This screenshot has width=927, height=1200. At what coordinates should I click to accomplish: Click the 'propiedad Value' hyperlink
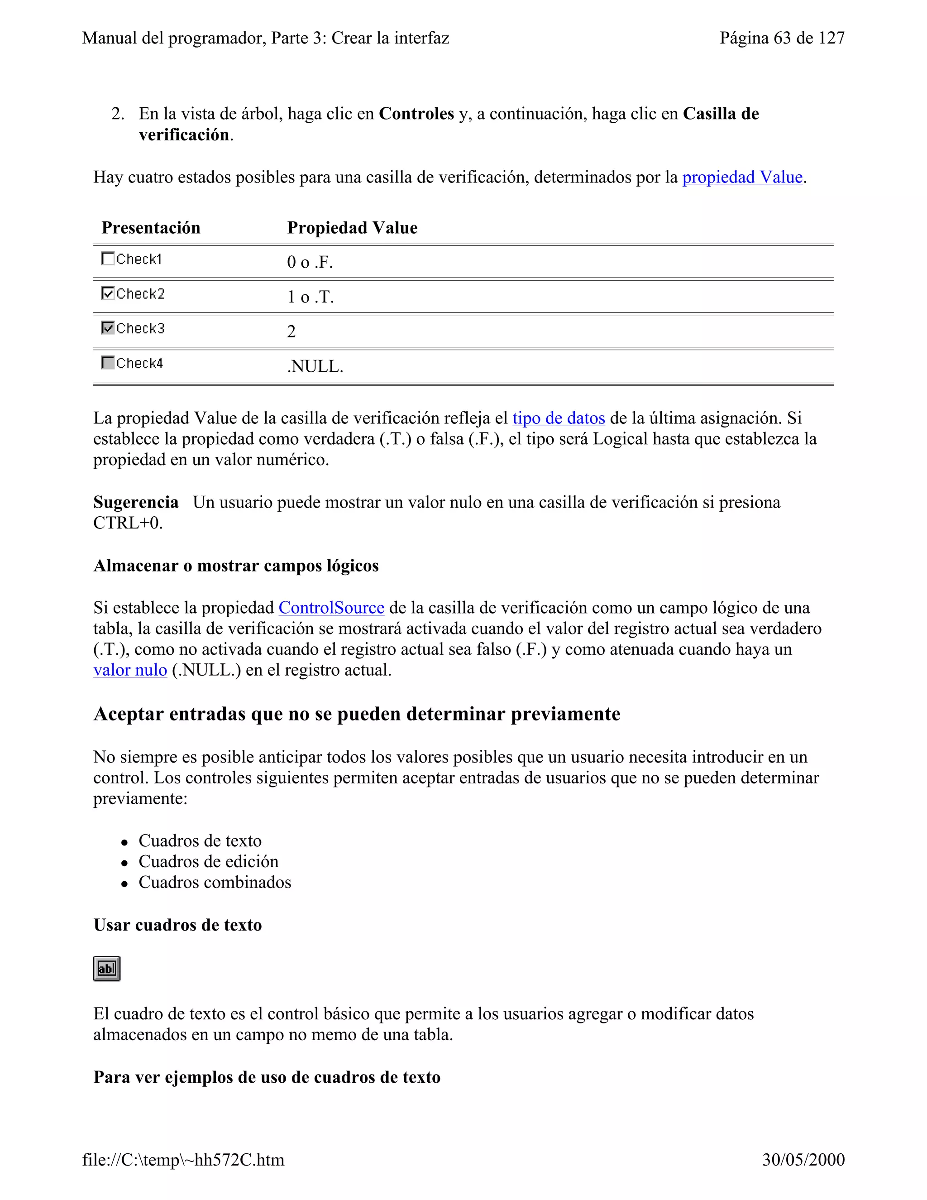coord(742,177)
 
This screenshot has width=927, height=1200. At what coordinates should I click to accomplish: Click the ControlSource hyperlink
coord(331,608)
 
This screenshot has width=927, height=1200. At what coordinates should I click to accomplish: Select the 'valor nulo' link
coord(130,670)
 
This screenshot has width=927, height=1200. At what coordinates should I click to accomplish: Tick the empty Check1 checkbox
coord(108,258)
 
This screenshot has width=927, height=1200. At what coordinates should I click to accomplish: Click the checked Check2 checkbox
coord(108,293)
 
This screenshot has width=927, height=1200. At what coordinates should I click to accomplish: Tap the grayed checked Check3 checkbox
coord(108,328)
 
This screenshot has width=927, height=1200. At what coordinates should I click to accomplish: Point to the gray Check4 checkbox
coord(108,363)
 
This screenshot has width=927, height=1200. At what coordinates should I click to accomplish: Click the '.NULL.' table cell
coord(315,366)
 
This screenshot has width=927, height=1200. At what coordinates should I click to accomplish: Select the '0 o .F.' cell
coord(310,262)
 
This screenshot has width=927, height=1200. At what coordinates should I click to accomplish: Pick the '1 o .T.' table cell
coord(310,297)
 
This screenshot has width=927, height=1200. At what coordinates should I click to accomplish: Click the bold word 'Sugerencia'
coord(136,502)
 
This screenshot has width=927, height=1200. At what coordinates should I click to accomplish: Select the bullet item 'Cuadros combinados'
coord(215,883)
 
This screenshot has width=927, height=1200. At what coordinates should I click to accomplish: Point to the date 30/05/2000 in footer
coord(803,1160)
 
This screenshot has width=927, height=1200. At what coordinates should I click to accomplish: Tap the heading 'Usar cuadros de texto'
coord(177,925)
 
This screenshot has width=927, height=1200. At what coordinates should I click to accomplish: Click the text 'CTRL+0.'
coord(128,523)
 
